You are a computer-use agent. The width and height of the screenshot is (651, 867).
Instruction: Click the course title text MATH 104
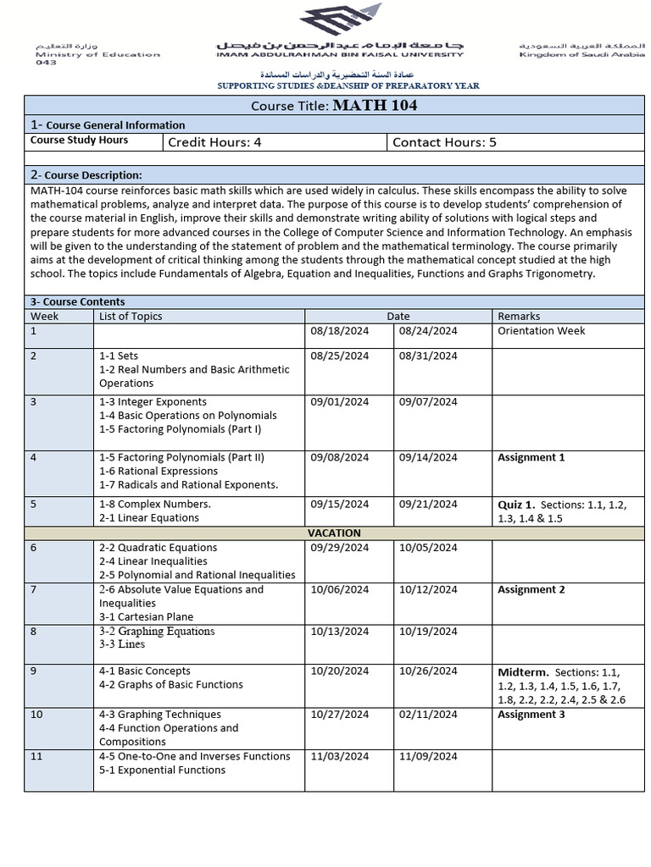coord(375,106)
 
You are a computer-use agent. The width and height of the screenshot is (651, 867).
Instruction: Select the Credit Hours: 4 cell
coord(214,142)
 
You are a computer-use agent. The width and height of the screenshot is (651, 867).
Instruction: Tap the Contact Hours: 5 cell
coord(444,142)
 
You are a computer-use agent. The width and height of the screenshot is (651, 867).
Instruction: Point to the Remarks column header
coord(519,316)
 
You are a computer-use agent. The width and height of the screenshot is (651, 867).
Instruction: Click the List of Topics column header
coord(131,316)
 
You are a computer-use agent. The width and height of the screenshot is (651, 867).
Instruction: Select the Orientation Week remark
coord(541,330)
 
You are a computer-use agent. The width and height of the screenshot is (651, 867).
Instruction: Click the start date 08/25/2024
coord(340,356)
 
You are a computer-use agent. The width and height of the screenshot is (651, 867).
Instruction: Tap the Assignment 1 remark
coord(531,457)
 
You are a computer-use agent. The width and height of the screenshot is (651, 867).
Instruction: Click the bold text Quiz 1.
coord(516,505)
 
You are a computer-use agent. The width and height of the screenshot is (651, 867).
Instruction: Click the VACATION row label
coord(333,533)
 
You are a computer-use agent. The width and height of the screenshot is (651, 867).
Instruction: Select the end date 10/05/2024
coord(428,547)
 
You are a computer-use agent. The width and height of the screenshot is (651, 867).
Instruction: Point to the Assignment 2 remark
coord(531,589)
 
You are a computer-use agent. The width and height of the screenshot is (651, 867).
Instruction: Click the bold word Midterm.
coord(523,672)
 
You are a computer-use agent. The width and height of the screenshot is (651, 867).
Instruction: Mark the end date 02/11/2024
coord(428,714)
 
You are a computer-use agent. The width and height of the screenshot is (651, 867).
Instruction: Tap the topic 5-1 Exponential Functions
coord(162,770)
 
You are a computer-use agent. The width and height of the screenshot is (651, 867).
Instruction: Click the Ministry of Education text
coord(97,54)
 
